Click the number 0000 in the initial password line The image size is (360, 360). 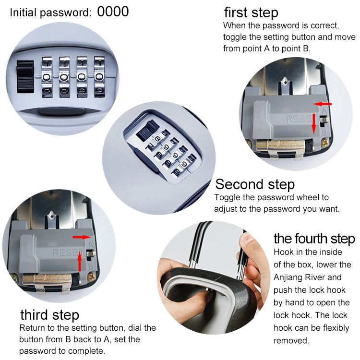tap(113, 12)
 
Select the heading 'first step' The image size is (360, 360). tap(251, 12)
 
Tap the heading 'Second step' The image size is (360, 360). tap(255, 184)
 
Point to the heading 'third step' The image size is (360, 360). tap(49, 315)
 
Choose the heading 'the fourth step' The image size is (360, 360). tap(314, 239)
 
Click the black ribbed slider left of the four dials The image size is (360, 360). tap(25, 77)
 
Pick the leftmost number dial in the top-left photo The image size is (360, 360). tap(48, 77)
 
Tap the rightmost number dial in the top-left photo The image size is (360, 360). tap(99, 77)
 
